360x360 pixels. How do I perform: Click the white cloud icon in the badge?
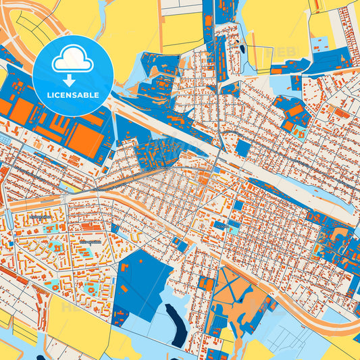pyautogui.click(x=72, y=61)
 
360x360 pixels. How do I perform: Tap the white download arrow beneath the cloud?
pyautogui.click(x=72, y=80)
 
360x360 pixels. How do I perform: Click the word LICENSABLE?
pyautogui.click(x=72, y=95)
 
